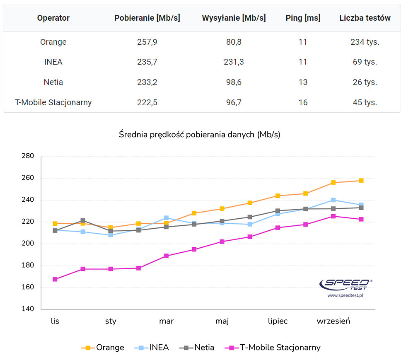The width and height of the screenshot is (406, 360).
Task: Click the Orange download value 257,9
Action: (147, 42)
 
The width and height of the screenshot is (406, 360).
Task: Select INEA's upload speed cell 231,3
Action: (234, 62)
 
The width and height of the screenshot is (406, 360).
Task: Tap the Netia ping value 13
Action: (303, 82)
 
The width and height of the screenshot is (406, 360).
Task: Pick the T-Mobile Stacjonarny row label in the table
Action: (53, 102)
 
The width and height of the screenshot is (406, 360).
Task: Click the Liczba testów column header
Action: (365, 18)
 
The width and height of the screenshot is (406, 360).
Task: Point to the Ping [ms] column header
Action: (303, 18)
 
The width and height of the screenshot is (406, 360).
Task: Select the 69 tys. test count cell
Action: (365, 62)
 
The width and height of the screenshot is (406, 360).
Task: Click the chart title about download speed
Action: (200, 134)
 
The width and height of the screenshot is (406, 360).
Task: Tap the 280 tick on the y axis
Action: (28, 156)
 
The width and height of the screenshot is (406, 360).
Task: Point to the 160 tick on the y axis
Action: (28, 287)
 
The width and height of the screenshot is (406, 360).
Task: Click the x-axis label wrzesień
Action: (333, 321)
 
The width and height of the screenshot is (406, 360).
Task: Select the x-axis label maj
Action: (222, 321)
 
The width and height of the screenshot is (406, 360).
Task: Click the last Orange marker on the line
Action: (361, 181)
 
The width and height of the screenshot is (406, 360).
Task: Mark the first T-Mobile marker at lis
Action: (55, 279)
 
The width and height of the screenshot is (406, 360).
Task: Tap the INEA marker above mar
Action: (167, 217)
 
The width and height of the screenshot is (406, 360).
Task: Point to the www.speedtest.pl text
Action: (345, 296)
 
